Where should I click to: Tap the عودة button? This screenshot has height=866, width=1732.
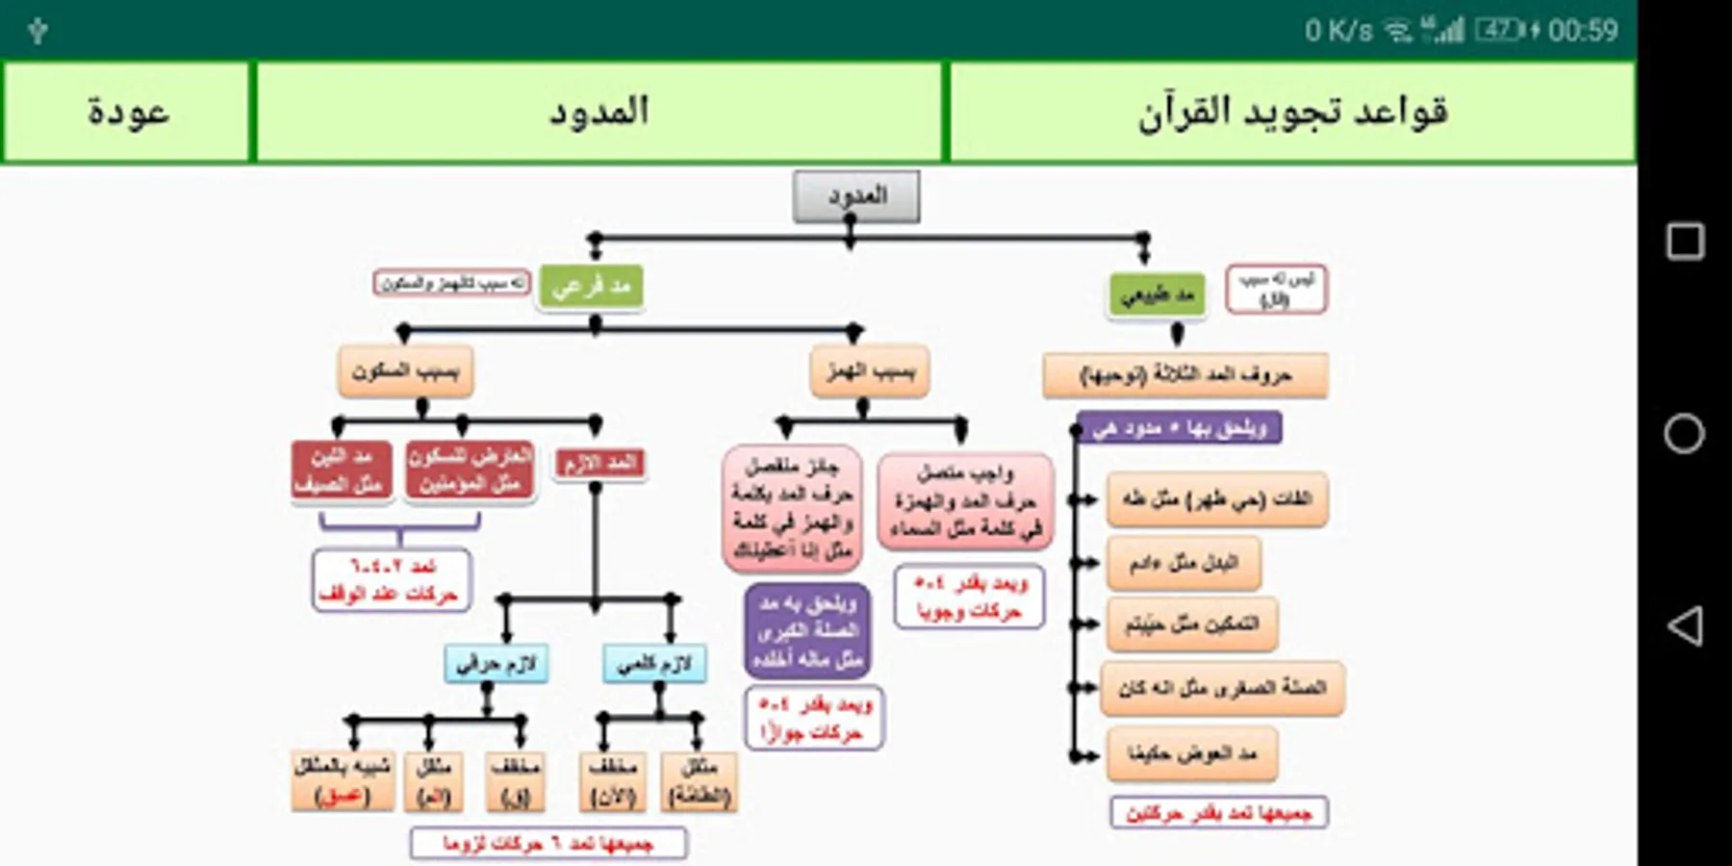[x=127, y=112]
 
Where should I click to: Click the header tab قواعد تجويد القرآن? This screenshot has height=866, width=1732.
[x=1291, y=112]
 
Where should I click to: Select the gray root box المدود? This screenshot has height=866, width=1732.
[x=856, y=196]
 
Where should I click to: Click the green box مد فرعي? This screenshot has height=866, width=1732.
[x=591, y=286]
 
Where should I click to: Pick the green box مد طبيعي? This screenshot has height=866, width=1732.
[x=1157, y=293]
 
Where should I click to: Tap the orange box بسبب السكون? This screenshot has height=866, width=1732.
[x=405, y=370]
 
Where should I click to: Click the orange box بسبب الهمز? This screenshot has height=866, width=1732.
[x=870, y=370]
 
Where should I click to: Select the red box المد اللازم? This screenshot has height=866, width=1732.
[x=599, y=463]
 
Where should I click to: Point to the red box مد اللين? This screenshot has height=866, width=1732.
[x=341, y=470]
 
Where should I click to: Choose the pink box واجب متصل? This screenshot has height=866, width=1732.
[x=965, y=500]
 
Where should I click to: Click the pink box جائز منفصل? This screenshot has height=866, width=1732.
[x=792, y=508]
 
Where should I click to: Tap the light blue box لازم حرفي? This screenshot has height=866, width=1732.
[x=497, y=663]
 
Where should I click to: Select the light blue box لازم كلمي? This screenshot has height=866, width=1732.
[x=654, y=663]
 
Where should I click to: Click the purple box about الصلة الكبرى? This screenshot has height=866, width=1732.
[x=807, y=631]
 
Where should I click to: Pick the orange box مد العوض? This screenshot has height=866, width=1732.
[x=1192, y=753]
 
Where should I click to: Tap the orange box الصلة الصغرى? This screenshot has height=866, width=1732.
[x=1222, y=688]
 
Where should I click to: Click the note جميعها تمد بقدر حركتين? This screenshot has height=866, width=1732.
[x=1219, y=813]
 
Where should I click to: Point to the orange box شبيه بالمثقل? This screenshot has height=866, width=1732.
[x=343, y=780]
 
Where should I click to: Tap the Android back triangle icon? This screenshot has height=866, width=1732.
[x=1684, y=625]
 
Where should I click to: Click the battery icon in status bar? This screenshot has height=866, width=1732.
[x=1501, y=31]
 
